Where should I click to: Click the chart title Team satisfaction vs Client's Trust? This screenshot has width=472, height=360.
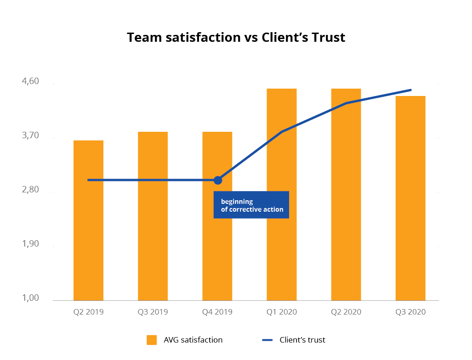tap(236, 37)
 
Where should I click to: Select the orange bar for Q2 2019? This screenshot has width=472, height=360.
tap(88, 220)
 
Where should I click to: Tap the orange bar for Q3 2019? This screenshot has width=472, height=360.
tap(153, 216)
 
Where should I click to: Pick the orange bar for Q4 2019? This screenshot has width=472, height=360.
tap(217, 239)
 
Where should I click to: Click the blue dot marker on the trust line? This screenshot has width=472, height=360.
tap(218, 180)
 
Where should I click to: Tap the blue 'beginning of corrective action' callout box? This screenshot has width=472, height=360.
tap(251, 205)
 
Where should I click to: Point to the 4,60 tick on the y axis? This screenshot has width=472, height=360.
tap(30, 82)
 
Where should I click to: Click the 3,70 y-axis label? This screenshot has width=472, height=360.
tap(30, 136)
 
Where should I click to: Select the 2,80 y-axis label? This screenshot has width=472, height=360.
tap(30, 190)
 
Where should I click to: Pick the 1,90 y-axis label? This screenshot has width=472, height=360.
tap(30, 244)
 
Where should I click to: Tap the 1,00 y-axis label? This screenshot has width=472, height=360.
tap(30, 298)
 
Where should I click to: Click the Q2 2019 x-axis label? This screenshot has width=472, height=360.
tap(88, 312)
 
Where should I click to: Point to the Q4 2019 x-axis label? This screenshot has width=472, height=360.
tap(217, 312)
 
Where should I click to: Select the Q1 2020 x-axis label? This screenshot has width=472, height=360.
tap(281, 312)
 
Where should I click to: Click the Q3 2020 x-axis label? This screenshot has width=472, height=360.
tap(410, 312)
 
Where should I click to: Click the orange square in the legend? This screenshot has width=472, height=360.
tap(152, 340)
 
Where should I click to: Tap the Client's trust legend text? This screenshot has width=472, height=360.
tap(302, 340)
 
